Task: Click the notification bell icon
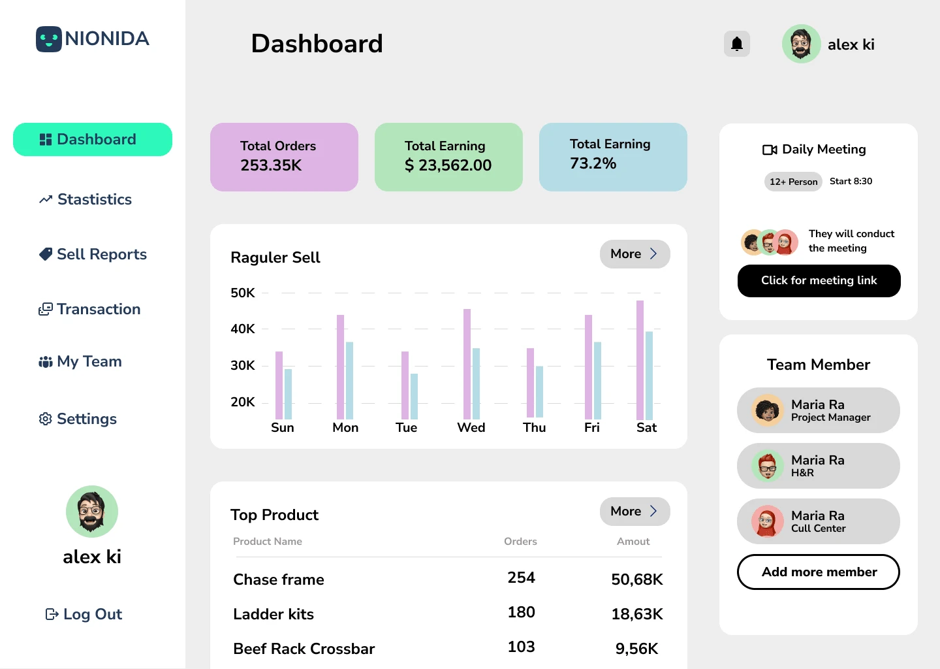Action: coord(737,44)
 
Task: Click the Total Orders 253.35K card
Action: coord(284,157)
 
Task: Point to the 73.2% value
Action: coord(593,163)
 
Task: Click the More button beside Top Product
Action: coord(634,512)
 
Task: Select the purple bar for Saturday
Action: coord(640,360)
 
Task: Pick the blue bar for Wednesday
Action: coord(477,383)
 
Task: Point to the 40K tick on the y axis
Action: coord(243,329)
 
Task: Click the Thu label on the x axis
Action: coord(534,427)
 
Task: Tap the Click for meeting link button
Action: coord(819,281)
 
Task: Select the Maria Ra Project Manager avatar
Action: coord(768,410)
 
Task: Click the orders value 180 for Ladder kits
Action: coord(521,612)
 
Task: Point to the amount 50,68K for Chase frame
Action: coord(636,579)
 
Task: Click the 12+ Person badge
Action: coord(793,182)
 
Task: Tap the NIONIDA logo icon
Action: coord(49,39)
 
